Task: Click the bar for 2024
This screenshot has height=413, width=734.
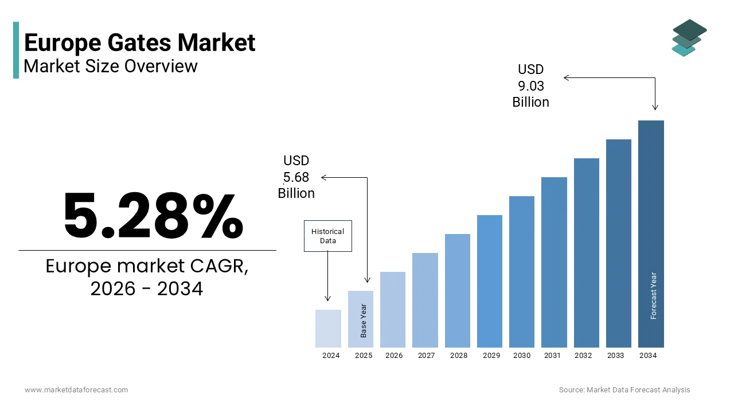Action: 328,329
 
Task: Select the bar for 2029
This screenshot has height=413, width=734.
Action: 489,281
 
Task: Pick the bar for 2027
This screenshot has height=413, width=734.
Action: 425,300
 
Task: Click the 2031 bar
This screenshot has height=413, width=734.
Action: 554,262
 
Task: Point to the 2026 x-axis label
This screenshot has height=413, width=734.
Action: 394,356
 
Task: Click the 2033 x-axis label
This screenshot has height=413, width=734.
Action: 615,356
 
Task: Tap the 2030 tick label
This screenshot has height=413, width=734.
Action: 522,356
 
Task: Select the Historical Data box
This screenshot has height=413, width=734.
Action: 327,236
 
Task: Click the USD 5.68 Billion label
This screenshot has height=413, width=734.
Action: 296,177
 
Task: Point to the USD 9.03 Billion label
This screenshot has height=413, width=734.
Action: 530,86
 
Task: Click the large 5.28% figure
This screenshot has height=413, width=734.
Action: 153,216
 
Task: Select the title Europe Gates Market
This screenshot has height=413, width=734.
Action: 139,43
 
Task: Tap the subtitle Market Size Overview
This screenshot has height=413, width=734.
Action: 111,66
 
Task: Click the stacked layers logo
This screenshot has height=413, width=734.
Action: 689,38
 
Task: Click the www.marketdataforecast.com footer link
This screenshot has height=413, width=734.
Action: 76,390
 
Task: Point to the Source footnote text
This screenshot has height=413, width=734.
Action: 624,390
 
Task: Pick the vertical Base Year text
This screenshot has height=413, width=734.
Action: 364,320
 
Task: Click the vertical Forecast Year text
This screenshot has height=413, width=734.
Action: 654,295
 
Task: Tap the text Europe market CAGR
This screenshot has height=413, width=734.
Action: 147,267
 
